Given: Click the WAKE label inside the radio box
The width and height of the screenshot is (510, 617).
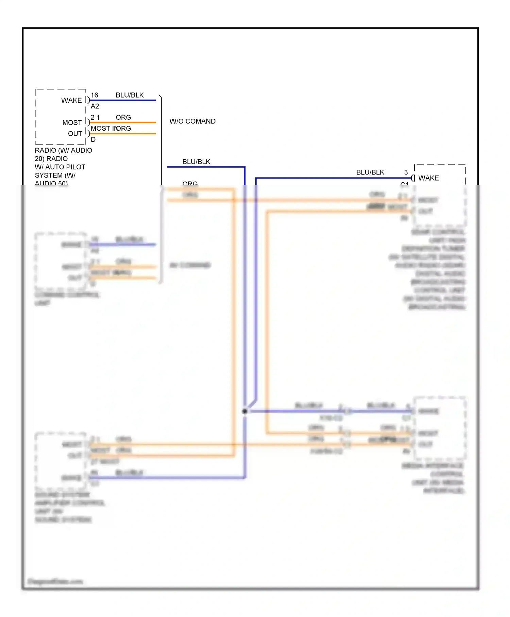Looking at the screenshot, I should coord(71,100).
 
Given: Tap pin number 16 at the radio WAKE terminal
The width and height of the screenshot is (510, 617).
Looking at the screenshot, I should coord(95,95).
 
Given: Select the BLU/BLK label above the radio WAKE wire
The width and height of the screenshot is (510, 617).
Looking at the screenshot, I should coord(130,95).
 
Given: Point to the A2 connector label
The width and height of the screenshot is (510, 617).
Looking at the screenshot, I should coord(95,106).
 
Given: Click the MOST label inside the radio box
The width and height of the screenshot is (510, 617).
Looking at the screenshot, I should coord(72,122).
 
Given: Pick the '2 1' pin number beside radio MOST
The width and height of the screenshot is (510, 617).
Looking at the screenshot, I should coord(95,117).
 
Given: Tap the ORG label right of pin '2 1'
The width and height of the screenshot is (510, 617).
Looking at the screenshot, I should coord(123,117).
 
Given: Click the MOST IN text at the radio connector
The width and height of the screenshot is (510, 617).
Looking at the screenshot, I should coord(104,129).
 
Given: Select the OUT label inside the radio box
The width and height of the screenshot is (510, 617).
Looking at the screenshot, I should coord(75,134).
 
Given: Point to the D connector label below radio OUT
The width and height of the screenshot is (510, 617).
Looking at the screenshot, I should coord(93,139).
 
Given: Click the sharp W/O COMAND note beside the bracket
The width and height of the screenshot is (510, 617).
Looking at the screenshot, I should coord(192,121).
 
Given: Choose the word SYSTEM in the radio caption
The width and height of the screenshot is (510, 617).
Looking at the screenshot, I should coord(49,176).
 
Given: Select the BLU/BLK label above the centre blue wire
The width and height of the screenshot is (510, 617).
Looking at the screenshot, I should coord(196,162).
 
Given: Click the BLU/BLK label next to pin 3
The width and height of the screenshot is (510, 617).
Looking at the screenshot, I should coord(370,172).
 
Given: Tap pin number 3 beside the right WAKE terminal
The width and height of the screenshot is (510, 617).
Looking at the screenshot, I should coord(406,172).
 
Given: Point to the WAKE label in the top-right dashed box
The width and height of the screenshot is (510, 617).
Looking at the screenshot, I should coord(428,178).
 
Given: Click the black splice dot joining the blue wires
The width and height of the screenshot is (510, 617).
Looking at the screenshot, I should coord(245,411).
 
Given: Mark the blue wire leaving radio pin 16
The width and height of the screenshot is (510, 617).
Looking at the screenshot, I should coord(122,100).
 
